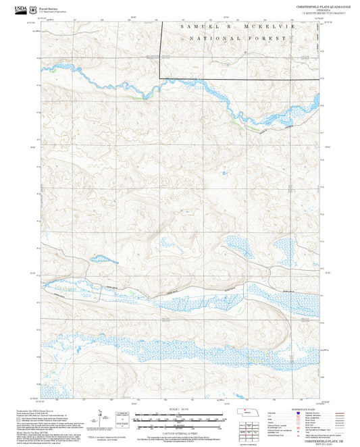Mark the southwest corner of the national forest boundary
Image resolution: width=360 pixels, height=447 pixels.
(160, 79)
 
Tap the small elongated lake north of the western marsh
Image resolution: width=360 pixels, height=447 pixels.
(105, 259)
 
